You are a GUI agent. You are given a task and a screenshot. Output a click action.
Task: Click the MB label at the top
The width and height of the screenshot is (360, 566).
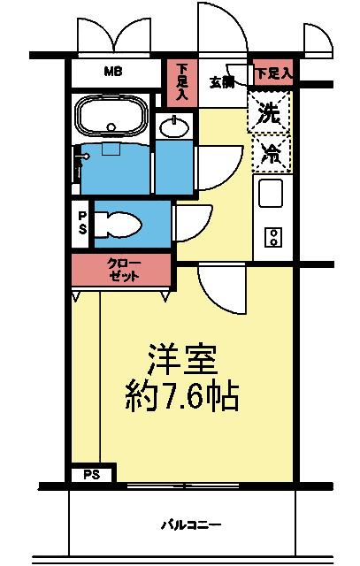coord(114,72)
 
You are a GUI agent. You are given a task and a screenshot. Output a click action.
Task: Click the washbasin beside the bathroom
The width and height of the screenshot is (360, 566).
coord(174,127)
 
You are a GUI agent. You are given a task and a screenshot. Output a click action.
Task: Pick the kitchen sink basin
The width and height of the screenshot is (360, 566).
coord(270,190)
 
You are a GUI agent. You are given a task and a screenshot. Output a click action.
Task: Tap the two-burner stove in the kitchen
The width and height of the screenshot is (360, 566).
coord(273,236)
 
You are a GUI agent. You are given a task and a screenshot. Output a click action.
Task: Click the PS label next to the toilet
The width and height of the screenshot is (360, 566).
coord(82,221)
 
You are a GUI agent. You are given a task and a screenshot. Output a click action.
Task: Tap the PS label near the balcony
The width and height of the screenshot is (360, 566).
coord(92,475)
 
